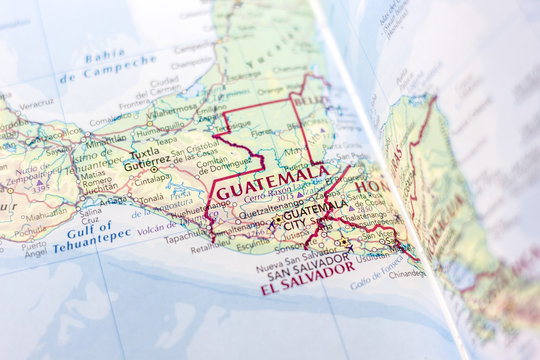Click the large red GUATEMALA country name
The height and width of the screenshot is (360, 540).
(x=270, y=184)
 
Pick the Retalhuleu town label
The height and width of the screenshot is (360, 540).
(x=212, y=247)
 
